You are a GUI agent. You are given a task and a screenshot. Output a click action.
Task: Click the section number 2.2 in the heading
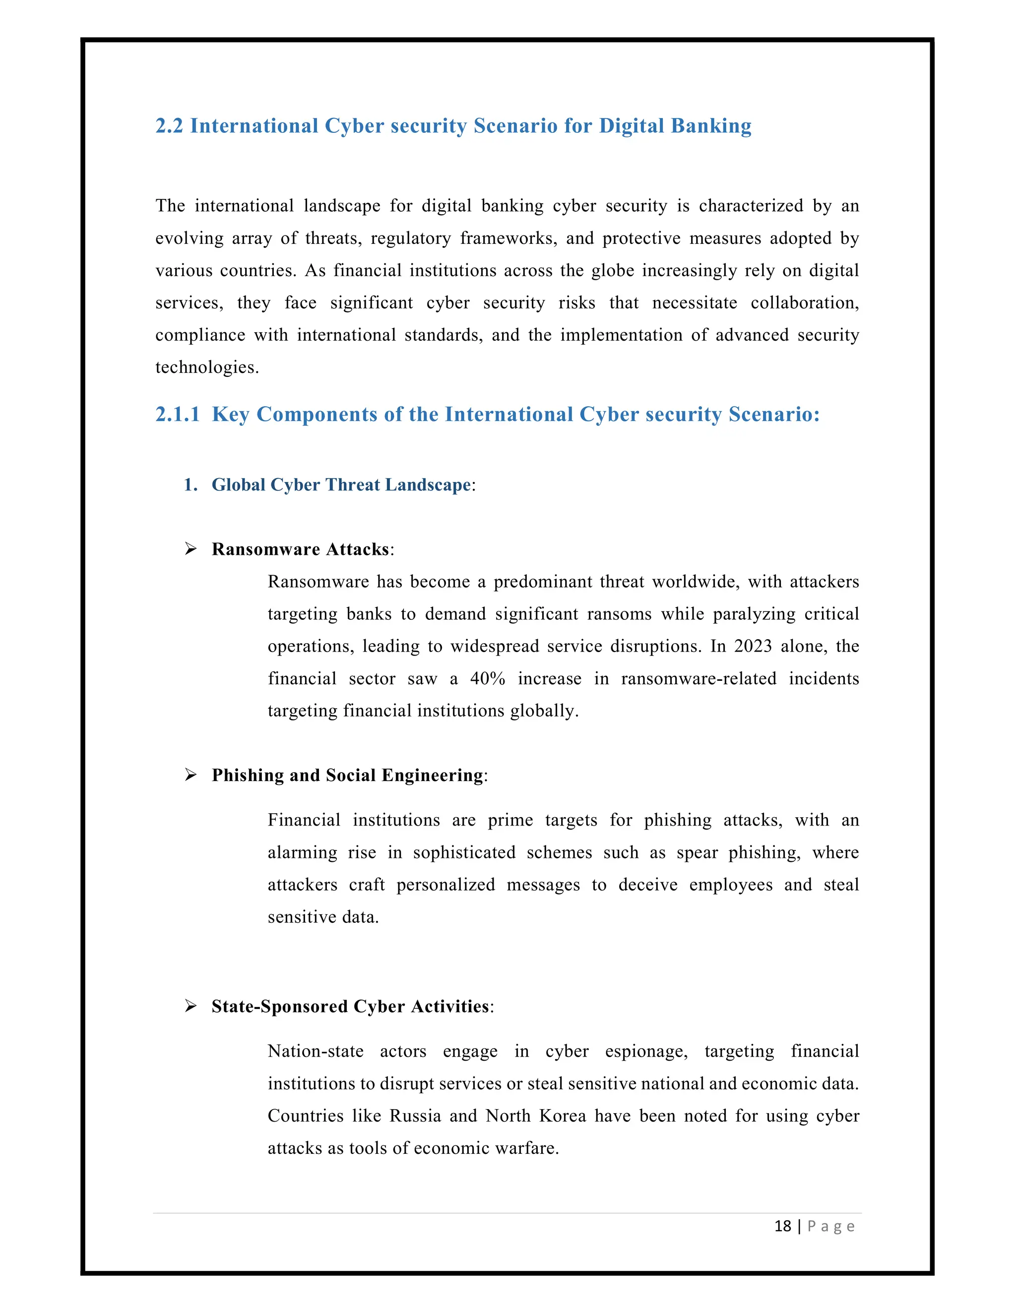(169, 126)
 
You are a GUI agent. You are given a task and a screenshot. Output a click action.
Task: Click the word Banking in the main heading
(711, 126)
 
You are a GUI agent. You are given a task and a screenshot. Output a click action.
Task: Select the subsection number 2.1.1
(177, 415)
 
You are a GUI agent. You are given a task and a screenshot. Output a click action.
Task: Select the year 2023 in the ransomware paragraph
(753, 646)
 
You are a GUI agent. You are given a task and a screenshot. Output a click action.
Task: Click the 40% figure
(488, 679)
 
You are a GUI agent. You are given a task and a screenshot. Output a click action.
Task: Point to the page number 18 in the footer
(782, 1226)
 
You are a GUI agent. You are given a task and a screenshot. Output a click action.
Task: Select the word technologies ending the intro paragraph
(206, 367)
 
